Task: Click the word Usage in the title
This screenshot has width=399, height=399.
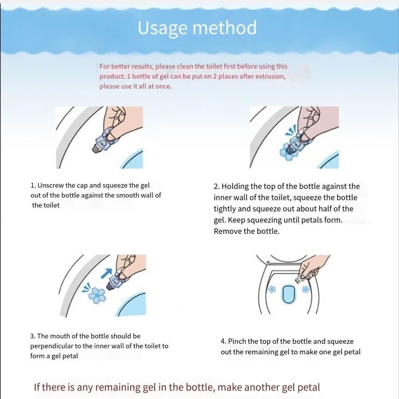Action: tap(162, 28)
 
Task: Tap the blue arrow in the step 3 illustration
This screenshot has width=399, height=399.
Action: tap(106, 273)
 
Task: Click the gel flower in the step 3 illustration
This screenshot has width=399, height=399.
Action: tap(97, 295)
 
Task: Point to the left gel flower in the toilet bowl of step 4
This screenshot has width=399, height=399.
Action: tap(272, 289)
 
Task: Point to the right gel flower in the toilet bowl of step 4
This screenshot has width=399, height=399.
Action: tap(305, 289)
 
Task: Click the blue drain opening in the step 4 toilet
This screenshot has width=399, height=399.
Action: tap(289, 294)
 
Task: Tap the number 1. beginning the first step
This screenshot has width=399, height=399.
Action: tap(33, 185)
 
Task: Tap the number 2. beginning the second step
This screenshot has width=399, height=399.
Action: tap(217, 186)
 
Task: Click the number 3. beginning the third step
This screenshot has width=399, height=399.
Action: tap(33, 336)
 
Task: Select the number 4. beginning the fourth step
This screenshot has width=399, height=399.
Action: tap(223, 341)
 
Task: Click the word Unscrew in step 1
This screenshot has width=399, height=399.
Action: tap(50, 185)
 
